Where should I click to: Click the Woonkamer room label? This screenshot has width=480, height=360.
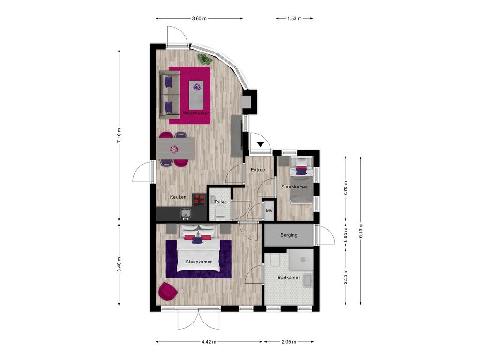(196, 113)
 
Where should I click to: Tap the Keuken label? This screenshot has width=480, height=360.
(178, 197)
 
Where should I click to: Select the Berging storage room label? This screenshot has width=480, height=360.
(289, 235)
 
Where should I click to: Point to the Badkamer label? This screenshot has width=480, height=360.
(289, 277)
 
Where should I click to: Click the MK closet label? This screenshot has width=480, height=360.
(270, 211)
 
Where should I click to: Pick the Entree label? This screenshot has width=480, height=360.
(258, 170)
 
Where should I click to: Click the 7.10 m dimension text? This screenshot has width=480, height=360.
(119, 135)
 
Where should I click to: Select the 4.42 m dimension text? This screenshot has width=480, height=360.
(209, 342)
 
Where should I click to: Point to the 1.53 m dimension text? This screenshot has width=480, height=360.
(294, 18)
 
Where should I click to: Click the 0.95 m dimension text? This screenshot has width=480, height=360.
(345, 235)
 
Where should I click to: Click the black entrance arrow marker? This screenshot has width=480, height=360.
(260, 144)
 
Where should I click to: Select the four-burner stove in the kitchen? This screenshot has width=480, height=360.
(199, 200)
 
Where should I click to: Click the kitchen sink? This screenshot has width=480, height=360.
(186, 214)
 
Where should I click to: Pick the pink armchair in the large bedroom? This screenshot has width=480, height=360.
(168, 292)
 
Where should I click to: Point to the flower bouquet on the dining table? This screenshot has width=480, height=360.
(174, 150)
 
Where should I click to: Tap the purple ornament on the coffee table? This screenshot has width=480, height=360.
(197, 87)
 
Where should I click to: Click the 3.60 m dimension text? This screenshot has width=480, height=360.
(199, 18)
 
